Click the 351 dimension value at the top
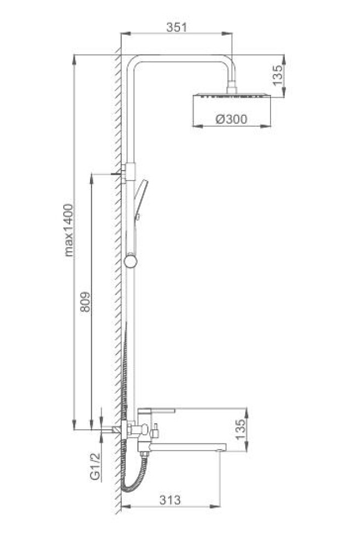coord(177,27)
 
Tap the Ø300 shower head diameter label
coord(231,119)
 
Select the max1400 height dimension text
coord(69,230)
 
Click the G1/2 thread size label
coord(95,466)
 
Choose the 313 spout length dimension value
coord(170,500)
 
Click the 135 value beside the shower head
coord(278,75)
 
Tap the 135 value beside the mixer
coord(240,430)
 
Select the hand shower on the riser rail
coord(140,200)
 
